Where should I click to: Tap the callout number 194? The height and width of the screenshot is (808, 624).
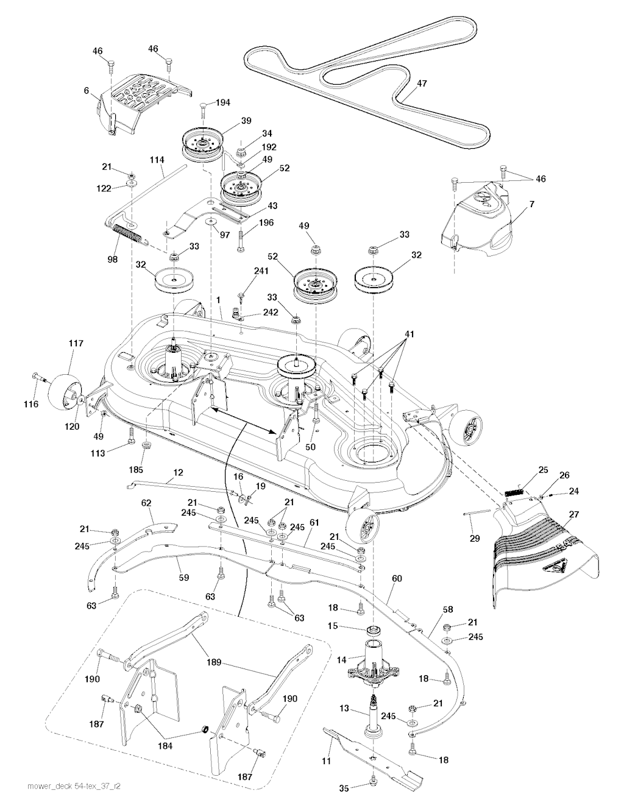223,102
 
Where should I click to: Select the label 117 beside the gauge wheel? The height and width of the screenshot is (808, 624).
76,344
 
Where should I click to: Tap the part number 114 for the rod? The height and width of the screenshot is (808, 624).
157,160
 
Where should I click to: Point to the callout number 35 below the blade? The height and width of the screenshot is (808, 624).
344,788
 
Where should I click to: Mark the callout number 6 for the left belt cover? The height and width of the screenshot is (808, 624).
87,90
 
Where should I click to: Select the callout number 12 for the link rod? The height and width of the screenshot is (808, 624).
179,473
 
